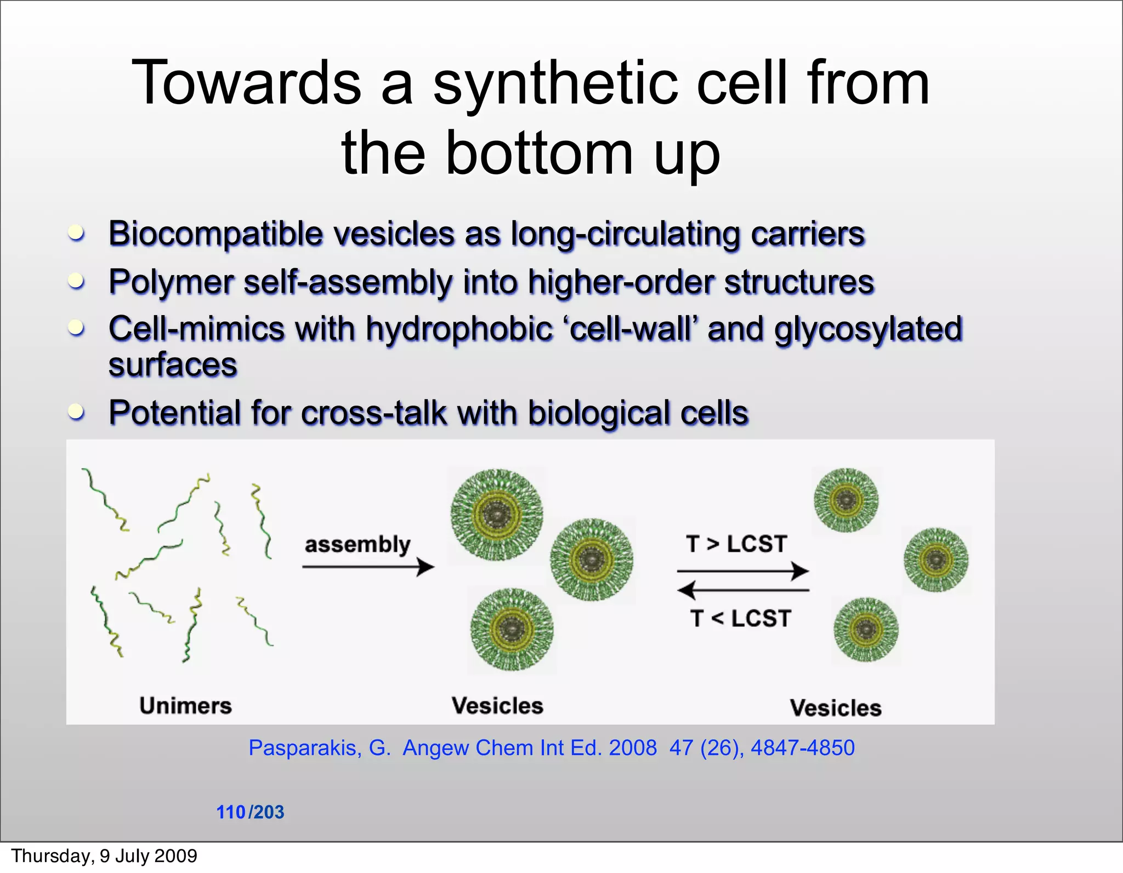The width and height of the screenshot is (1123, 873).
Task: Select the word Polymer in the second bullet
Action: (x=171, y=282)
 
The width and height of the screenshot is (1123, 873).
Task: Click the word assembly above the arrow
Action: (x=358, y=544)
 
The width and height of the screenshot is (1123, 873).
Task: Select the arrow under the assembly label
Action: (x=367, y=567)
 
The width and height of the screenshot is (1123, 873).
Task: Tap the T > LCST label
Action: (x=736, y=544)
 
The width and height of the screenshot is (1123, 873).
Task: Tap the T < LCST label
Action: (x=740, y=619)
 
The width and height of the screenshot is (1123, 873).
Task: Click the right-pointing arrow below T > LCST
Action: (x=743, y=571)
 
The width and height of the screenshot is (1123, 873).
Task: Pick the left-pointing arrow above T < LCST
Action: (x=743, y=590)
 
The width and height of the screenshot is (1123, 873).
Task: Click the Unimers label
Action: (x=185, y=705)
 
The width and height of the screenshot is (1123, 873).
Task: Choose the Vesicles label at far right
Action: (x=835, y=707)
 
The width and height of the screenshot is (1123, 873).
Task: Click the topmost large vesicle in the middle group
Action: (x=496, y=515)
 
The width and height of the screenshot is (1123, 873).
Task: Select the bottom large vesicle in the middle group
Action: (x=512, y=630)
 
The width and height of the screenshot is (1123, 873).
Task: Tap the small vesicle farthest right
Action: (x=935, y=560)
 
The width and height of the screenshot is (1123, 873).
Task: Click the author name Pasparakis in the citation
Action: (x=304, y=748)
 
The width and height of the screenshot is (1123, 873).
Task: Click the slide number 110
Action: (x=231, y=812)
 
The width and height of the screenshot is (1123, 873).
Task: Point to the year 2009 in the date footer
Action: (x=175, y=855)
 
